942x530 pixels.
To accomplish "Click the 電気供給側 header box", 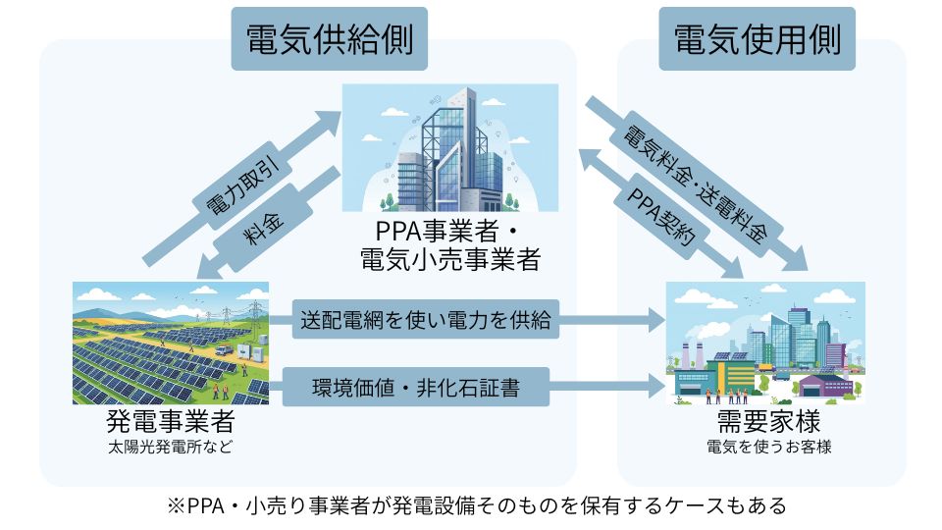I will [329, 39].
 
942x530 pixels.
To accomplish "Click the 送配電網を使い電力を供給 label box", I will [426, 319].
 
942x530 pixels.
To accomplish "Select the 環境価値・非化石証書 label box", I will [415, 387].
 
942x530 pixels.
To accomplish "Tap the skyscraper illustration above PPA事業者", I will [449, 147].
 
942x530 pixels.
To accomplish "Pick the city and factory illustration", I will [765, 344].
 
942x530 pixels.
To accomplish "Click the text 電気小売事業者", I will [449, 260].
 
